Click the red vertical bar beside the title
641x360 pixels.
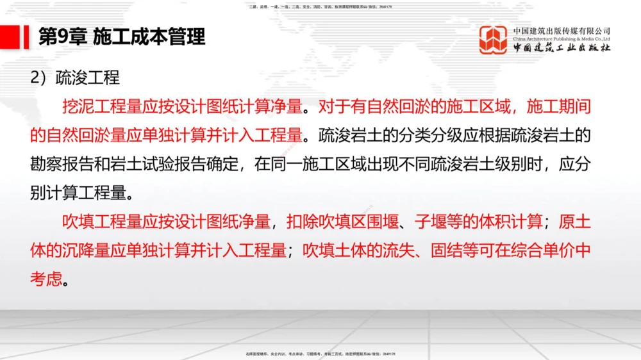(x=26, y=37)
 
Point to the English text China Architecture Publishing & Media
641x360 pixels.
(x=562, y=38)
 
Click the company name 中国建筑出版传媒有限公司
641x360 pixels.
(x=562, y=30)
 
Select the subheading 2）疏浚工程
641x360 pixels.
(x=75, y=78)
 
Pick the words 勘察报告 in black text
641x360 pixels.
(x=62, y=163)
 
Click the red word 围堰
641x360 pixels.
(x=389, y=222)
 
